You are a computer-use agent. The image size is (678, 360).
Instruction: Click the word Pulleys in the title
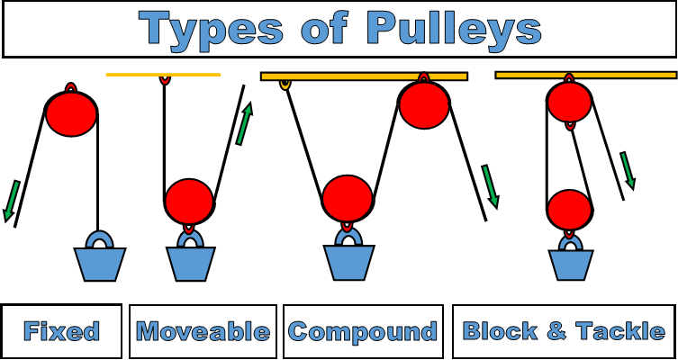[455, 29]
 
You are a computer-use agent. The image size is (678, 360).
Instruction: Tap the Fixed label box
[61, 331]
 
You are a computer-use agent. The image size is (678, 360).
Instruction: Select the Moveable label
[203, 331]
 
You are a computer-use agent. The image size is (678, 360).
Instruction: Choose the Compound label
[363, 331]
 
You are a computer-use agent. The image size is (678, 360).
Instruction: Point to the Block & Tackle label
[564, 330]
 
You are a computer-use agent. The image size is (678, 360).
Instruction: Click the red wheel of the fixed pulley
[71, 112]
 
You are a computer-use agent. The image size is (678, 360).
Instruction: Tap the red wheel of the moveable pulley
[189, 201]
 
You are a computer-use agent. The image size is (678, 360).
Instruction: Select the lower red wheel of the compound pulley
[347, 198]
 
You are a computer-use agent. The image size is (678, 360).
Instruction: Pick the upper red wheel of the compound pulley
[424, 103]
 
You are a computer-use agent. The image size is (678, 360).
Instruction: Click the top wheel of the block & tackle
[569, 101]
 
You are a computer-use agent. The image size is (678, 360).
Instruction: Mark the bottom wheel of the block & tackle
[569, 211]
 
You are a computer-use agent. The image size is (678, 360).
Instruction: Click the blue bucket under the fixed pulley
[99, 264]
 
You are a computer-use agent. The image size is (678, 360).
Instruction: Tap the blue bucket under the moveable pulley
[191, 263]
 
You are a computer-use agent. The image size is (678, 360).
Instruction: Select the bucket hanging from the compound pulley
[349, 263]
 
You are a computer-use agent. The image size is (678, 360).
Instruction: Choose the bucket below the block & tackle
[571, 265]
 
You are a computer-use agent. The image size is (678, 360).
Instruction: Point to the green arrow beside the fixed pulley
[12, 201]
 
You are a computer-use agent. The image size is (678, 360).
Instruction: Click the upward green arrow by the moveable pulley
[243, 124]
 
